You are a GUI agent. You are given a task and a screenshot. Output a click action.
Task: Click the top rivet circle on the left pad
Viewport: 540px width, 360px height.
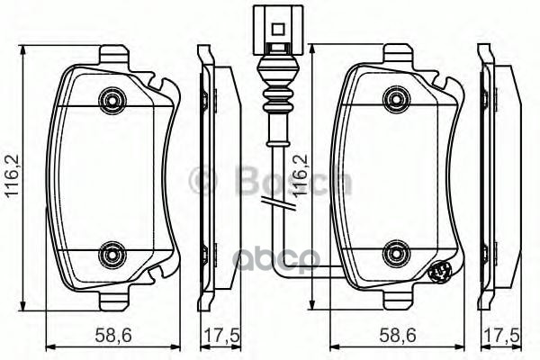tap(111, 96)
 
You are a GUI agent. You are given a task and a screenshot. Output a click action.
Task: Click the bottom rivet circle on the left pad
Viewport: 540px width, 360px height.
tap(111, 253)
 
